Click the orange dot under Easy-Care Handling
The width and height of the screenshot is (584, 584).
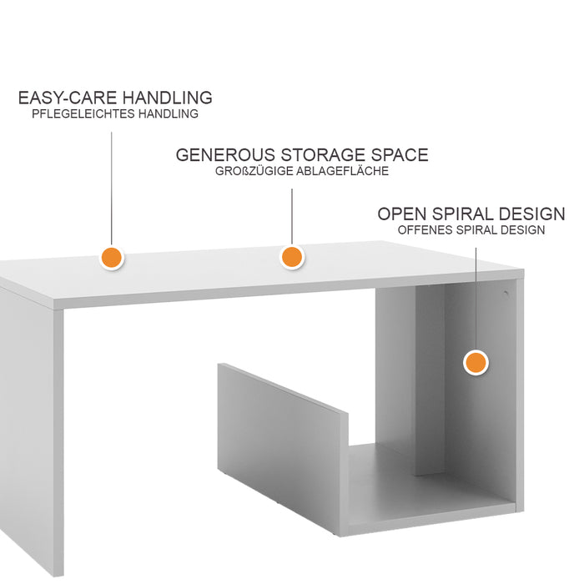112,258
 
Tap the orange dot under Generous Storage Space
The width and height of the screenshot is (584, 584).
291,257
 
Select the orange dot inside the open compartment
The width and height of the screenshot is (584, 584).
476,363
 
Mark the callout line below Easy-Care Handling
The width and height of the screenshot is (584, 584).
112,184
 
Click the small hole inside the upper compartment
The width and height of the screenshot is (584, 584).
505,293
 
